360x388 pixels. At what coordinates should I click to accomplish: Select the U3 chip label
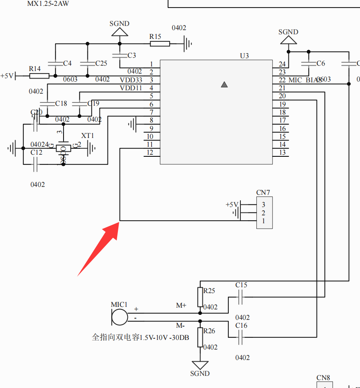point(244,56)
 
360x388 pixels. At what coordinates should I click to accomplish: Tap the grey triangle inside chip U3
point(224,84)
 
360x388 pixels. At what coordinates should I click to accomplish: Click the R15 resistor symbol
point(160,43)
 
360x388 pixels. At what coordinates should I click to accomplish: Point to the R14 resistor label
point(35,69)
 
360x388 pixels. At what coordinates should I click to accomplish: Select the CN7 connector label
point(263,193)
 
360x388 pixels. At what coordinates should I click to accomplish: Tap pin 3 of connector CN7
point(263,205)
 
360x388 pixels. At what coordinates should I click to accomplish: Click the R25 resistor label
point(209,291)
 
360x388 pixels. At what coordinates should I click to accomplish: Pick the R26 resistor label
point(209,331)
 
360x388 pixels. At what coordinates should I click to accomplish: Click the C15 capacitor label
point(241,285)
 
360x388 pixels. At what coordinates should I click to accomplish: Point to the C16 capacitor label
point(241,325)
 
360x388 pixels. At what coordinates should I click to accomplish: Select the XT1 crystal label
point(87,136)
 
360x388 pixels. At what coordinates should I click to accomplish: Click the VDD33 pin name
point(131,80)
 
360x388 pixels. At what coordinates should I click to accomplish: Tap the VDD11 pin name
point(131,88)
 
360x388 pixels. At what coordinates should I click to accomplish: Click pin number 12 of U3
point(150,153)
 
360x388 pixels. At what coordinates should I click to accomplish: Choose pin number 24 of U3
point(283,64)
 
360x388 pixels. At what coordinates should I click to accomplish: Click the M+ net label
point(181,306)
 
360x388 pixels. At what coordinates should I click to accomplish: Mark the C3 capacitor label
point(132,55)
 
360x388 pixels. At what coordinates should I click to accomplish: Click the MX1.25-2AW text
point(48,3)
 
